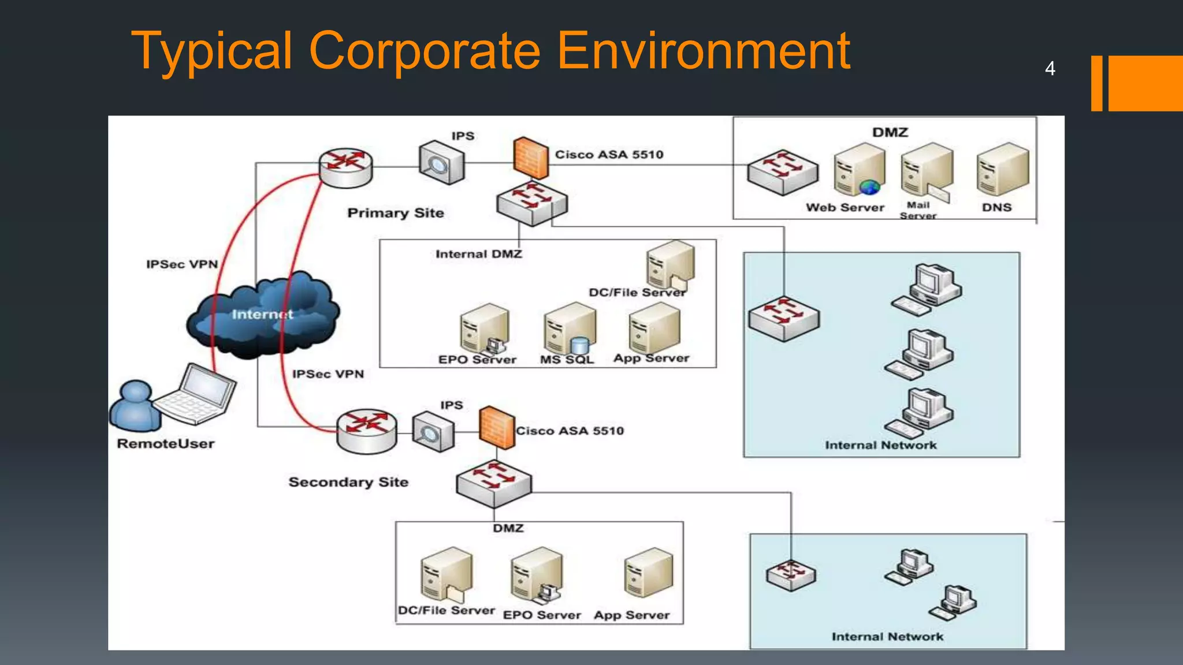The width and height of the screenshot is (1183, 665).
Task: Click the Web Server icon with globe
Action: [x=859, y=170]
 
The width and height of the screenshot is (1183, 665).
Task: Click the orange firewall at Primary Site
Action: [x=530, y=158]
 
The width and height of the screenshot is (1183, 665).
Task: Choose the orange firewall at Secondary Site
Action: [x=496, y=428]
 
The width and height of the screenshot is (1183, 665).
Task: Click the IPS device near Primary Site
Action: [x=441, y=163]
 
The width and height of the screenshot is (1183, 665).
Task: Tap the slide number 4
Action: [x=1050, y=69]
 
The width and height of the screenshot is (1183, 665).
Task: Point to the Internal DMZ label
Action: [x=478, y=254]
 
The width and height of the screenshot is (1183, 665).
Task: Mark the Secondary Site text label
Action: [x=348, y=482]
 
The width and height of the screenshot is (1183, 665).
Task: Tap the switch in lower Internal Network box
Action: [x=791, y=574]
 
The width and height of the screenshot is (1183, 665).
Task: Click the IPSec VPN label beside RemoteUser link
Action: [x=182, y=264]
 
